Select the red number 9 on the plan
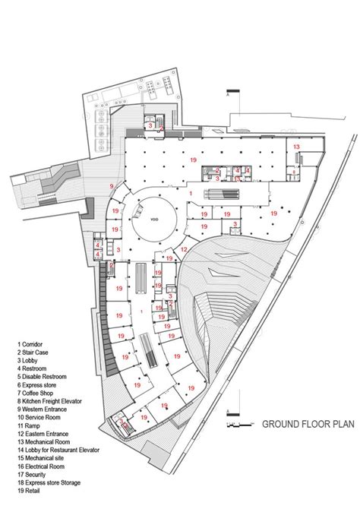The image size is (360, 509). point(112,186)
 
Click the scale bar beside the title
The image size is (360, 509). point(239,422)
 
